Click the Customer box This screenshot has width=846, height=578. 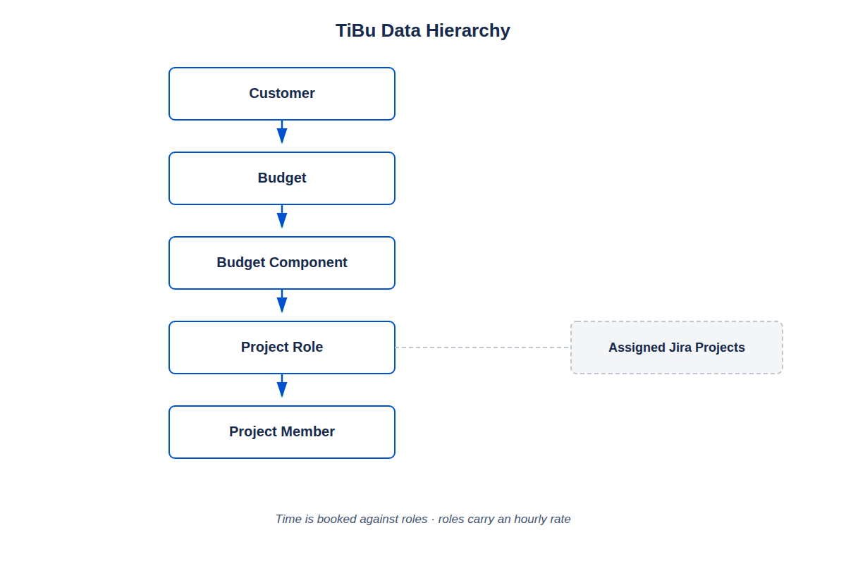click(282, 94)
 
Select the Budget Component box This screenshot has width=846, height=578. click(282, 263)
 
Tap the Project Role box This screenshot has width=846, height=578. click(282, 348)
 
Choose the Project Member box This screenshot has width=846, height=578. click(282, 432)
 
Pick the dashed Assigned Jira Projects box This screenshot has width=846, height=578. click(676, 348)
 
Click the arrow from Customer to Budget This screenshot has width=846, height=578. click(282, 132)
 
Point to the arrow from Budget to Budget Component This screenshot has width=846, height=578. click(282, 216)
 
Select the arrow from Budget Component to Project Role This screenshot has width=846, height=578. click(282, 301)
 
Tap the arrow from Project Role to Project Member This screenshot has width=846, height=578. click(282, 386)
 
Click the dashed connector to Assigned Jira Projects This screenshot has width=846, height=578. click(483, 348)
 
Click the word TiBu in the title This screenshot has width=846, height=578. click(355, 30)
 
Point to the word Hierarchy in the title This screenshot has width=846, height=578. click(468, 31)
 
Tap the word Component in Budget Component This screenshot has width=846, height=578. click(308, 263)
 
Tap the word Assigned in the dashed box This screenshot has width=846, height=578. click(637, 348)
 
